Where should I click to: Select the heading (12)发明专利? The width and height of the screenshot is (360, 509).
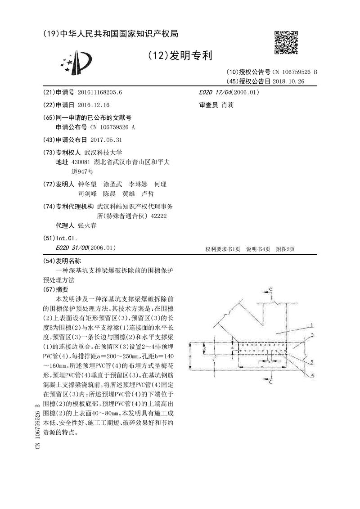click(x=179, y=56)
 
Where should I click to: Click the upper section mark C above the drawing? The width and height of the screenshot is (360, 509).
click(x=270, y=288)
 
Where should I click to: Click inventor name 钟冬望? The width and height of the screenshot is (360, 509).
click(x=87, y=185)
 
